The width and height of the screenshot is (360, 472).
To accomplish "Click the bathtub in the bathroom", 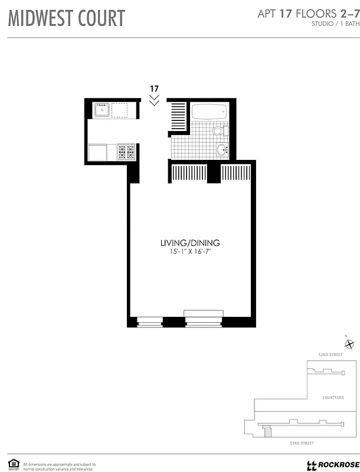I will tap(208, 111).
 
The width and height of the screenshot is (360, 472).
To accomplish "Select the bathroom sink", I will tap(222, 150).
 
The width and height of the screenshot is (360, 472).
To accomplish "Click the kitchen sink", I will tap(102, 110).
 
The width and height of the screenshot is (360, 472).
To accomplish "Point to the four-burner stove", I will tap(127, 152).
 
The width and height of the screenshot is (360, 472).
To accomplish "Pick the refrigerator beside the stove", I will tap(98, 152).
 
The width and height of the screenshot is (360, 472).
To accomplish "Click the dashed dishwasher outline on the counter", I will tap(120, 110).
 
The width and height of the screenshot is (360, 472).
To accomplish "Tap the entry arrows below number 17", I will tap(154, 101).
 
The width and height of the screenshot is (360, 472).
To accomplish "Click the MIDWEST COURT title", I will tap(66, 18).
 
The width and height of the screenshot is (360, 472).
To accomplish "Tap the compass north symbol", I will tap(349, 345).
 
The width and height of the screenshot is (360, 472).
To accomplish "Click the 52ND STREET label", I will tap(330, 355).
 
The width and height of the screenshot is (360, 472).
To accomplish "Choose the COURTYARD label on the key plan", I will tap(333, 398).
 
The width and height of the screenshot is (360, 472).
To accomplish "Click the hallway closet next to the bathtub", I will tap(178, 117).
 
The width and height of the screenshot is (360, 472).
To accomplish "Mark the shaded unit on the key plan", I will tap(267, 432).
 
